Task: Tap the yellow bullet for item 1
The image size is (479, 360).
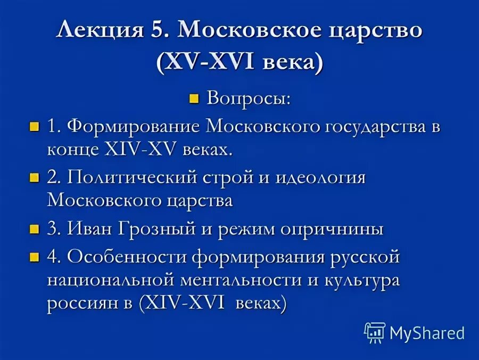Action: coord(35,127)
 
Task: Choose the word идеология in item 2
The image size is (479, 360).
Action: coord(320,178)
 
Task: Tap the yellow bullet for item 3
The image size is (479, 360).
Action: coord(35,230)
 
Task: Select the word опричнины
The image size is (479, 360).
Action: coord(332,230)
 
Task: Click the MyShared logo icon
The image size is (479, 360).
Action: coord(375,332)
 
